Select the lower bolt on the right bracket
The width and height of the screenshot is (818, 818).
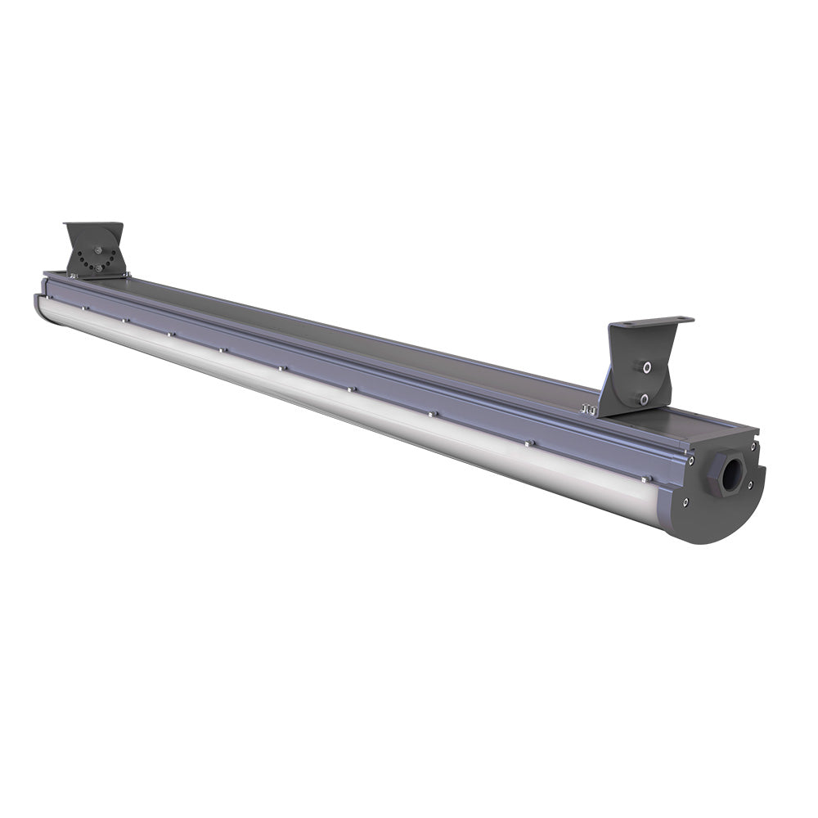point(644,398)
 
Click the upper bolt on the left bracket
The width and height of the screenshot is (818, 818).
point(98,251)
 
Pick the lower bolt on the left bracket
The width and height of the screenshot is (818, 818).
point(98,267)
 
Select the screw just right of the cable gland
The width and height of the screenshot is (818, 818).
point(749,484)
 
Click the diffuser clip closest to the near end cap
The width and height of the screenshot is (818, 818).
point(646,479)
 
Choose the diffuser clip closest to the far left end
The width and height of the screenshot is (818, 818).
point(83,308)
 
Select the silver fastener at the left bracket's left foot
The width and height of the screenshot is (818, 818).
point(72,276)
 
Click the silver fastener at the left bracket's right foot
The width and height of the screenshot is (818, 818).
point(126,274)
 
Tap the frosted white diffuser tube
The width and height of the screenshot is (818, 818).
point(327,393)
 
